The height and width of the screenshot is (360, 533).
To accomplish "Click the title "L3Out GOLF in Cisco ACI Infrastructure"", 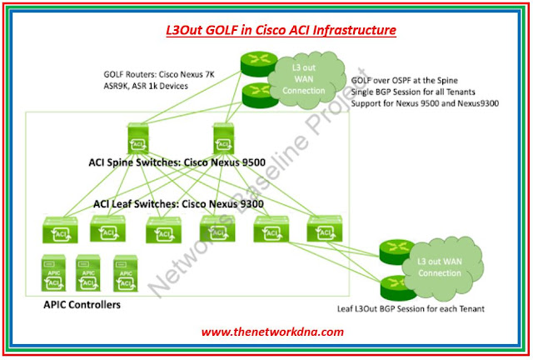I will point(277,32).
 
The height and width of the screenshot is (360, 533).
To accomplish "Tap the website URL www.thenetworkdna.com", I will point(272,332).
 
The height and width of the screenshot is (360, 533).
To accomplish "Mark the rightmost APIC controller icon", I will point(125,272).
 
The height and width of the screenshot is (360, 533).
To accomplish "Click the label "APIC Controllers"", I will point(82,306).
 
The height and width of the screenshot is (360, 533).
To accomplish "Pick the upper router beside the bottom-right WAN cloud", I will point(391,251).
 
